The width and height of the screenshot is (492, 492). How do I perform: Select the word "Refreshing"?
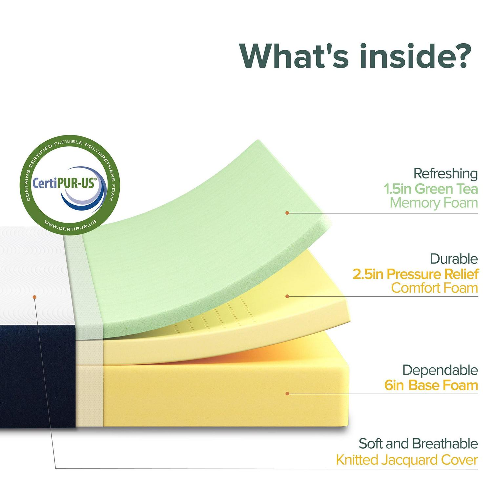click(x=445, y=174)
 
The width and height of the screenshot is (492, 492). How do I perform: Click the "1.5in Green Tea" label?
click(x=431, y=189)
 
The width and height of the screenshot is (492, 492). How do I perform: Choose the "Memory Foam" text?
click(x=434, y=203)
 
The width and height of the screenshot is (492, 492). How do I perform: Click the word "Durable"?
click(x=454, y=259)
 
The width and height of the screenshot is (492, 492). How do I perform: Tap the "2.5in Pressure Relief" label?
click(x=416, y=274)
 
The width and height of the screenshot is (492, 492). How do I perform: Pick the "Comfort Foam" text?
click(x=435, y=288)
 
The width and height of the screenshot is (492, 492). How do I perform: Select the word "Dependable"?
click(x=440, y=370)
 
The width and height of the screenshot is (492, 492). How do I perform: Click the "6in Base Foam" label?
click(x=431, y=385)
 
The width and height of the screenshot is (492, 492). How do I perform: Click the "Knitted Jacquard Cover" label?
click(x=407, y=460)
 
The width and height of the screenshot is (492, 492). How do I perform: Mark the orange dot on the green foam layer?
click(x=287, y=213)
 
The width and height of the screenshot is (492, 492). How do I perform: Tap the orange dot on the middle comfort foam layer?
click(x=287, y=296)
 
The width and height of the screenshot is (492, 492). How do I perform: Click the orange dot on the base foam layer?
click(x=287, y=393)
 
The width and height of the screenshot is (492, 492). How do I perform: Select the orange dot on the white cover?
click(x=34, y=297)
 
